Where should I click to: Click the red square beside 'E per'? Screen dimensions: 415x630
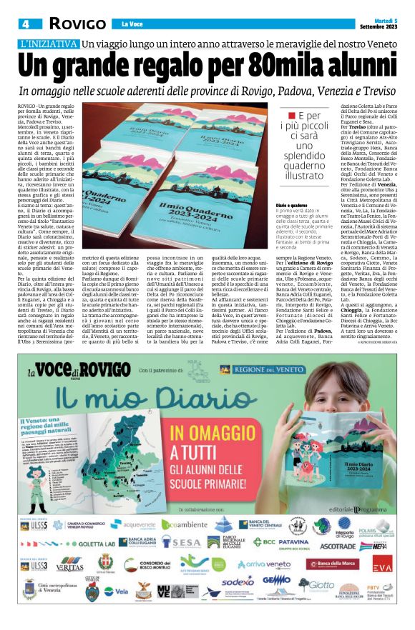coord(290,116)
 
